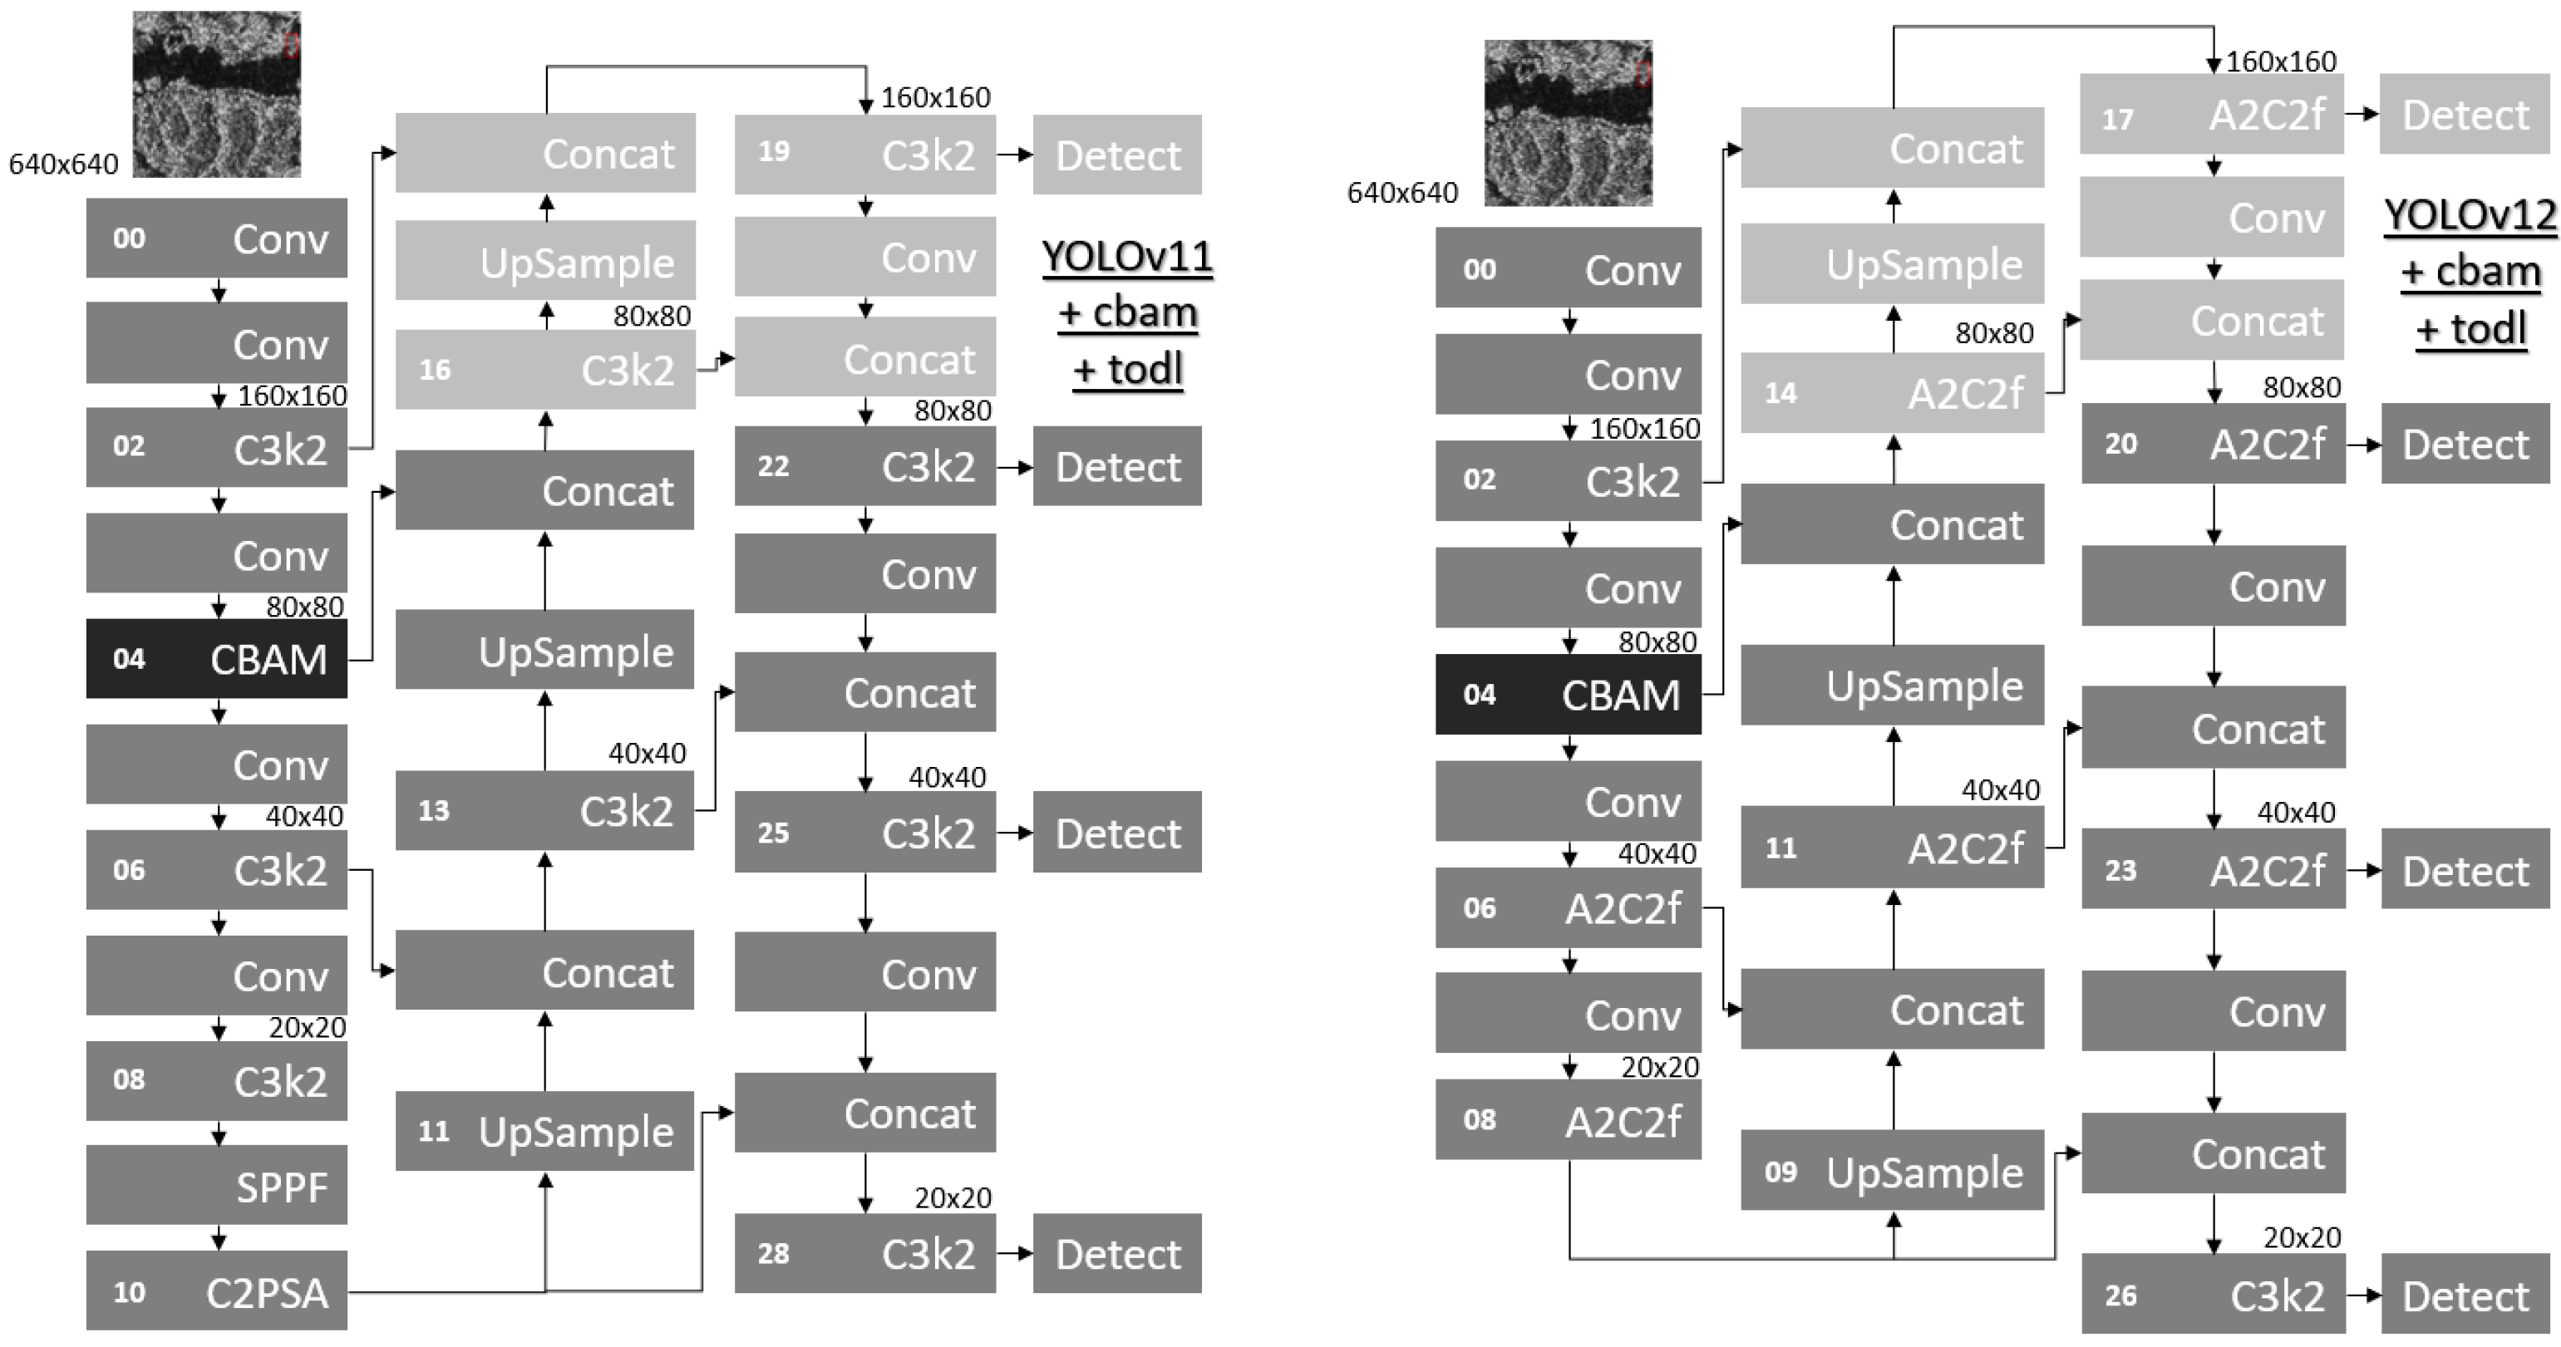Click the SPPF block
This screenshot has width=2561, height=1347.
pyautogui.click(x=217, y=1185)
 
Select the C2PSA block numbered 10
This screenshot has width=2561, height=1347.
pyautogui.click(x=217, y=1290)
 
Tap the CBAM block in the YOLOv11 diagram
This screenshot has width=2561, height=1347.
pyautogui.click(x=217, y=658)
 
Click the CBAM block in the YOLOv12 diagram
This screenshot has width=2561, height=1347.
pyautogui.click(x=1568, y=694)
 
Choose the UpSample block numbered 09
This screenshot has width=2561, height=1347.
pyautogui.click(x=1892, y=1170)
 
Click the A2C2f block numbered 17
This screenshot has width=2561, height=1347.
pyautogui.click(x=2212, y=116)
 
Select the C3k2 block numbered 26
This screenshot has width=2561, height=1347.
pyautogui.click(x=2213, y=1295)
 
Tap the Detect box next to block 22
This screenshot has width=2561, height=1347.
pyautogui.click(x=1116, y=466)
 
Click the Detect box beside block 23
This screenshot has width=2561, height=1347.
pyautogui.click(x=2465, y=870)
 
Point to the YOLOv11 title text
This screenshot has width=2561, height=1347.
pyautogui.click(x=1127, y=257)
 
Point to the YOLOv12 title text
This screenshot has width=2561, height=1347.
pyautogui.click(x=2470, y=214)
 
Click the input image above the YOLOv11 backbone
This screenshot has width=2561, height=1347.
pyautogui.click(x=217, y=95)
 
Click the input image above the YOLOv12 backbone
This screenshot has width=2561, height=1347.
pyautogui.click(x=1568, y=123)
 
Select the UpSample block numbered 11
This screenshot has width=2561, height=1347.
pyautogui.click(x=544, y=1130)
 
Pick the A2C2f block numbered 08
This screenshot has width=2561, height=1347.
pyautogui.click(x=1568, y=1119)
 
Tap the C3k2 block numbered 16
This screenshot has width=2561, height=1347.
pyautogui.click(x=544, y=370)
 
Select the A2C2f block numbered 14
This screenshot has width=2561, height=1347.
pyautogui.click(x=1892, y=393)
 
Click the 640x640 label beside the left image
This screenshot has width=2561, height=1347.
pyautogui.click(x=64, y=164)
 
